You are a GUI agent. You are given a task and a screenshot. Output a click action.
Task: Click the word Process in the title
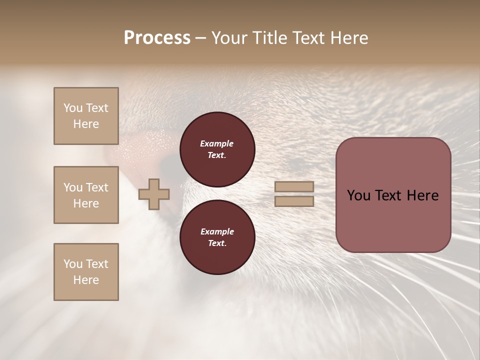pos(157,38)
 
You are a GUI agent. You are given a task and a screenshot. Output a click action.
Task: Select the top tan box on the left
pos(86,116)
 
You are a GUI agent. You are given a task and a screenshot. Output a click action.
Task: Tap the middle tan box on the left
pos(86,195)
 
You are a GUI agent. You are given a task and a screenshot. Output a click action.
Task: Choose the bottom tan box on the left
pos(86,272)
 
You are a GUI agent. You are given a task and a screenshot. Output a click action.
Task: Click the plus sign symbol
pos(154,194)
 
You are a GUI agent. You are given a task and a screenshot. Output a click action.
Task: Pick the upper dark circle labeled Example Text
pos(217,149)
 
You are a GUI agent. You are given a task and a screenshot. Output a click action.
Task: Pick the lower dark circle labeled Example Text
pos(217,237)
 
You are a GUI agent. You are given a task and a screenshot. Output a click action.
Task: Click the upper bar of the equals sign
pos(294,187)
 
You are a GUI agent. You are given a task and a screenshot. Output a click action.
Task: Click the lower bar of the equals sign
pos(294,201)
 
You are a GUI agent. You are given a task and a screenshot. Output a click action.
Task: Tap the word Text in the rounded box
pos(393,195)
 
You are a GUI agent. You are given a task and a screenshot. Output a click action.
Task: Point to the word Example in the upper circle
pos(217,144)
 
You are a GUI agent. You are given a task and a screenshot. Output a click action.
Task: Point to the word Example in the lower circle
pos(217,232)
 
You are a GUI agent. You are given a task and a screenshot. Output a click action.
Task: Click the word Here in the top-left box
pos(86,124)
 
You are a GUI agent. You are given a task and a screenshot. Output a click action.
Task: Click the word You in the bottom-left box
pos(73,264)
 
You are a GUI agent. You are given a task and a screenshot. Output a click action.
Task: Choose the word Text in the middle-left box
pos(97,187)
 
